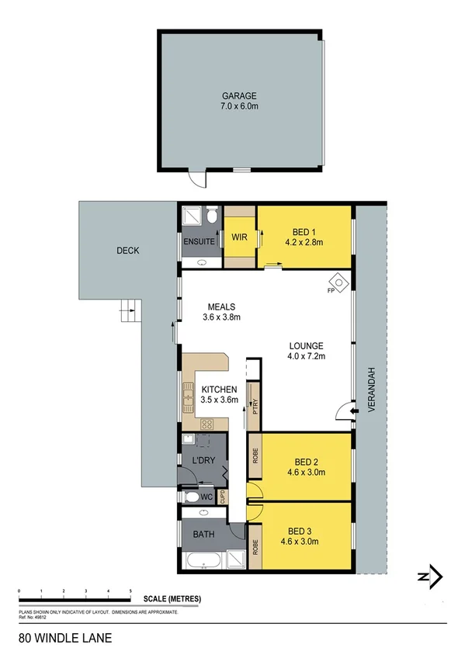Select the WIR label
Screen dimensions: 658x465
238,237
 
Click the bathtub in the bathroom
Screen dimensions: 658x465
200,559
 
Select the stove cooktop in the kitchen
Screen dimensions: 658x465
207,423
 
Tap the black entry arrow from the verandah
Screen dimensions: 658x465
355,413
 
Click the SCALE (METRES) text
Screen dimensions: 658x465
172,598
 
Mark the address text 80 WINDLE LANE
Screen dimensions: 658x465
65,639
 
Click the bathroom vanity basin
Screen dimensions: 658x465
203,513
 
